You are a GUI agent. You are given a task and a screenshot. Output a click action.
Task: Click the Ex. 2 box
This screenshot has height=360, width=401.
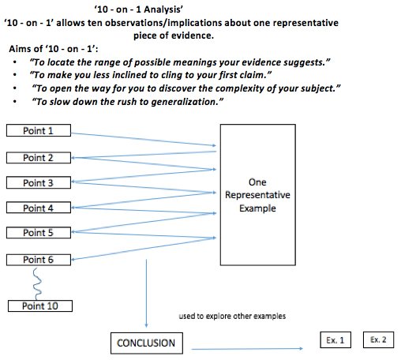pos(379,339)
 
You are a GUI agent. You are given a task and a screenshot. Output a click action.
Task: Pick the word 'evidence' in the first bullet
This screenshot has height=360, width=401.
pos(258,61)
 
